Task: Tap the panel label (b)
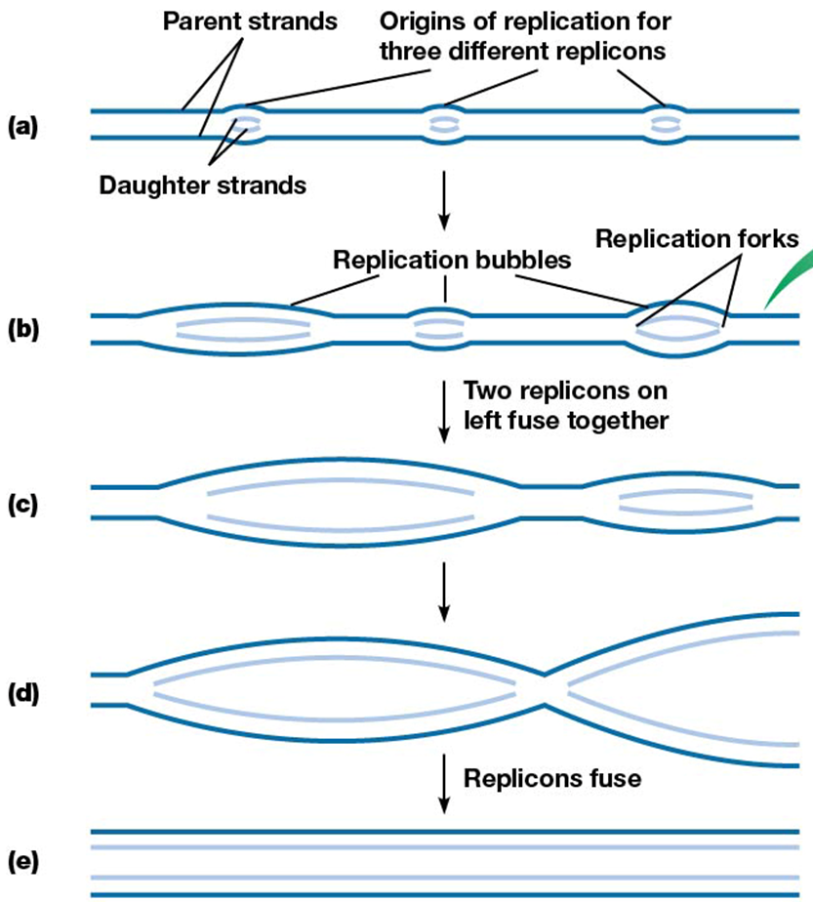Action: click(x=21, y=329)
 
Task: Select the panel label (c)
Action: click(x=21, y=505)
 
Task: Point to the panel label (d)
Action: click(x=21, y=694)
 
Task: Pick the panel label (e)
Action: click(x=21, y=862)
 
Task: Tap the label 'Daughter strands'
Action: click(x=202, y=184)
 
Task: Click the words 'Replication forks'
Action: click(x=697, y=238)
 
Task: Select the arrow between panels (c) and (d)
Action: click(x=444, y=591)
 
